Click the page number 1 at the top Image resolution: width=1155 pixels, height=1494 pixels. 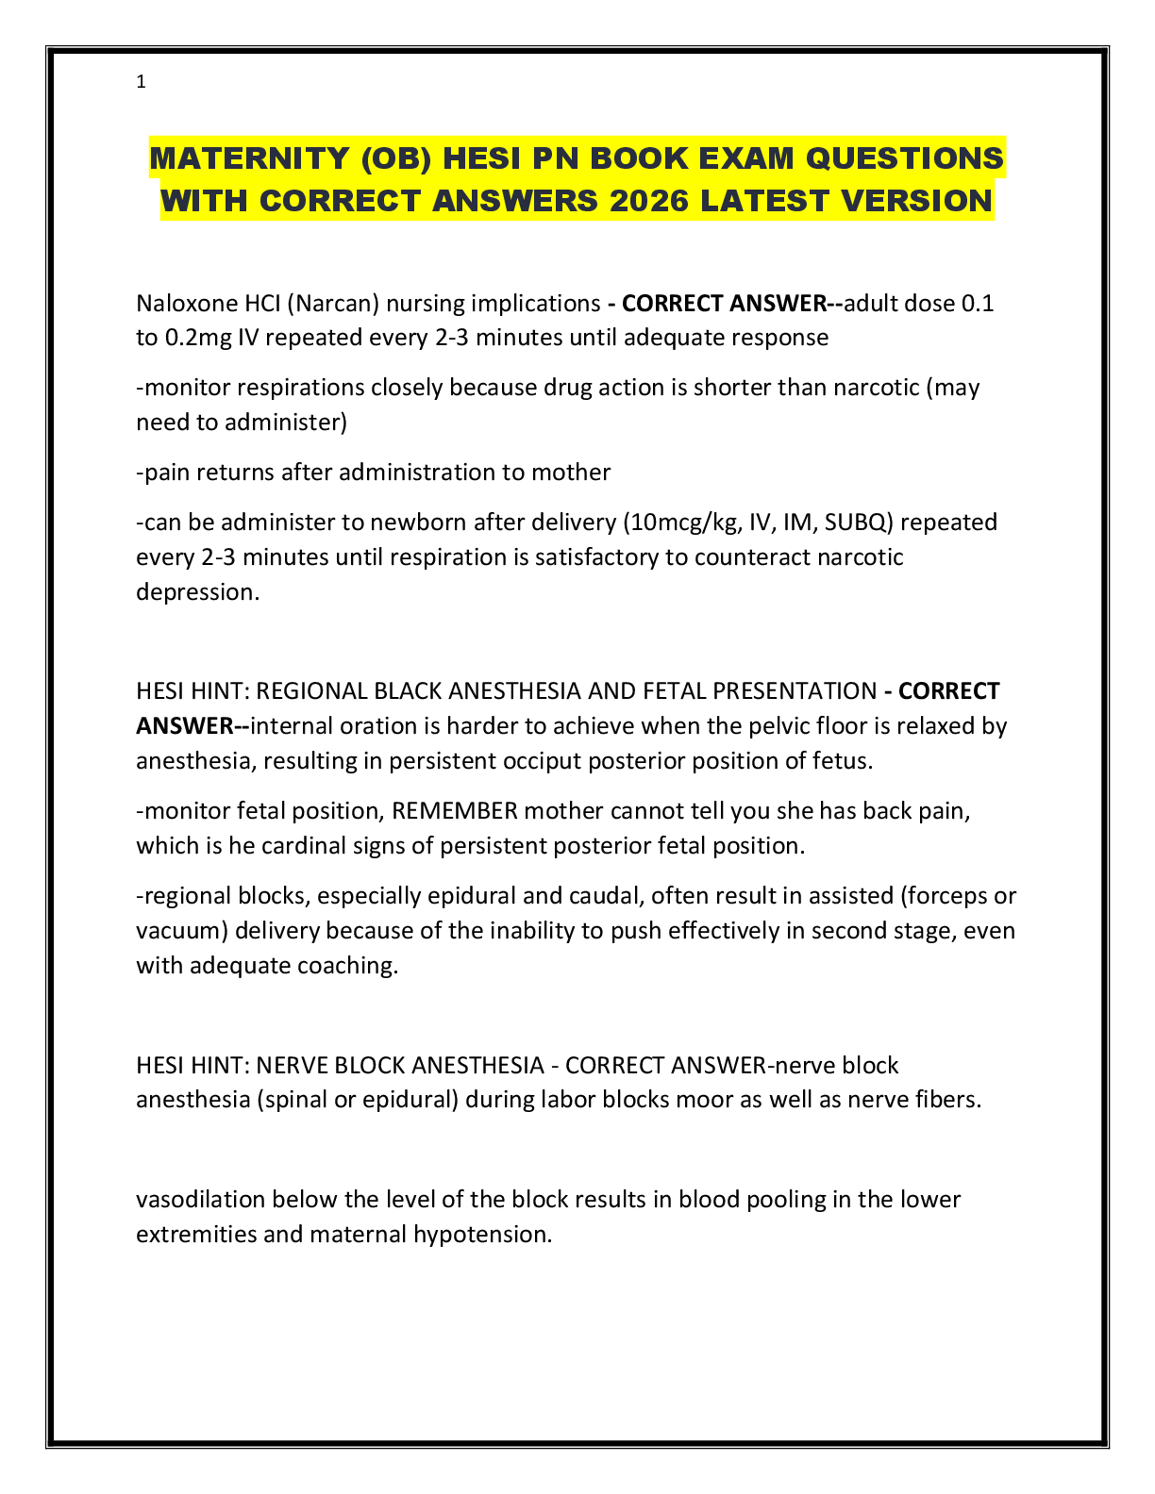click(141, 82)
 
